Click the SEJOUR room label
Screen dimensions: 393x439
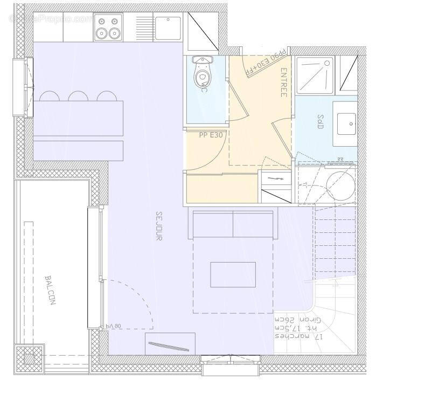(x=159, y=225)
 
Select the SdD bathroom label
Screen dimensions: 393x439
(x=320, y=122)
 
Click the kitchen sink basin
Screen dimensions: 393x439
(x=168, y=27)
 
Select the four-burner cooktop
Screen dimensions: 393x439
(x=107, y=27)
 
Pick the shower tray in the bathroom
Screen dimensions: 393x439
(x=313, y=73)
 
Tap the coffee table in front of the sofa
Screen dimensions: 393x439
(x=233, y=274)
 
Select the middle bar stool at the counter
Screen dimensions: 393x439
(x=78, y=96)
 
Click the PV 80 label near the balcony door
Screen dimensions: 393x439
(x=115, y=326)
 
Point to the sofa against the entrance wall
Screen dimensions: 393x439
(x=233, y=224)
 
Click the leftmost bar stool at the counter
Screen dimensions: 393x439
(x=49, y=96)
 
